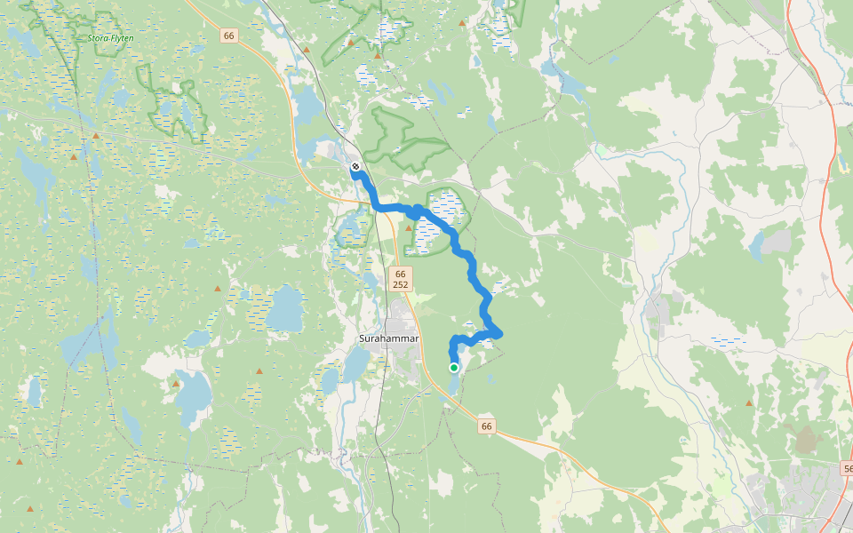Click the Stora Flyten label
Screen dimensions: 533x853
pos(111,38)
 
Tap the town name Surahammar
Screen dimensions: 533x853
pos(388,339)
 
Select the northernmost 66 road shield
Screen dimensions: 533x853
pos(230,36)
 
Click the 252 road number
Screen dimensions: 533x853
pos(400,284)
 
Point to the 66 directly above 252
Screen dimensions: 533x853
pos(400,274)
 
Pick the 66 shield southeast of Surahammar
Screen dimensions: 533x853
pos(486,426)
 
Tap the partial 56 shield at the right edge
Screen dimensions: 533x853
pos(847,467)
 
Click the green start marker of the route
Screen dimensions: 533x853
pos(453,368)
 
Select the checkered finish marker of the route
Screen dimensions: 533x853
pos(355,166)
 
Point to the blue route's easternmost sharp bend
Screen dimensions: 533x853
pos(500,334)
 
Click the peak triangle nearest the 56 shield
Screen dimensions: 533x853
pos(749,403)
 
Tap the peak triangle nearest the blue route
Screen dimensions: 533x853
pos(409,227)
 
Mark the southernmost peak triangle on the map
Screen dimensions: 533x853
pos(30,509)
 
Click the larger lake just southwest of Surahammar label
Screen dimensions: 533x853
pos(355,364)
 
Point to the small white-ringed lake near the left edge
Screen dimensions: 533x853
pos(35,390)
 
